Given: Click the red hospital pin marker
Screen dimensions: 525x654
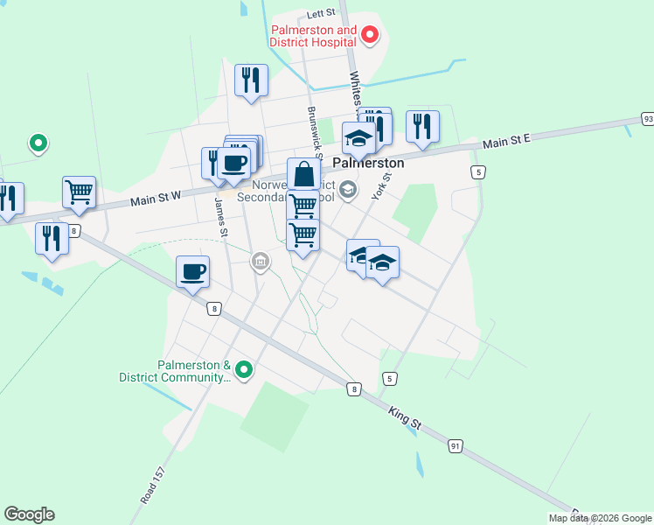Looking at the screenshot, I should [x=370, y=35].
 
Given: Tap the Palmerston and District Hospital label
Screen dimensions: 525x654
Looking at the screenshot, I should [x=313, y=36].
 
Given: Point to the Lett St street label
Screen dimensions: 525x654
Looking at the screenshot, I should [x=322, y=15].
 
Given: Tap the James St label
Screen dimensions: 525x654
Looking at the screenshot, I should [x=221, y=217].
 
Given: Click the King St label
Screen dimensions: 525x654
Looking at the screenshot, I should [x=405, y=416].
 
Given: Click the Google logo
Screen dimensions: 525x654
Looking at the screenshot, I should [x=29, y=514].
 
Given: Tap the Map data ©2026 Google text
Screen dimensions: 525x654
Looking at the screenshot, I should [x=600, y=518].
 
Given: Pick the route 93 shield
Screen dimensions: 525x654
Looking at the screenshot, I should [x=647, y=118].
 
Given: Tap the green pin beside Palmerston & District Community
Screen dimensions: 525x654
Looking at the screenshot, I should [x=245, y=372].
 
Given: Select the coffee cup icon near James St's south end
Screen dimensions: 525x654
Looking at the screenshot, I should [x=192, y=271].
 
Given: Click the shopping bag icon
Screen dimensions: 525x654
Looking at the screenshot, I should [x=303, y=173].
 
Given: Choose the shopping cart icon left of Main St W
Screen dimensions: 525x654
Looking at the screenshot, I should [x=79, y=192].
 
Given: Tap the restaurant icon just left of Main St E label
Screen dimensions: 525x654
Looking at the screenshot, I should [x=422, y=126].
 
